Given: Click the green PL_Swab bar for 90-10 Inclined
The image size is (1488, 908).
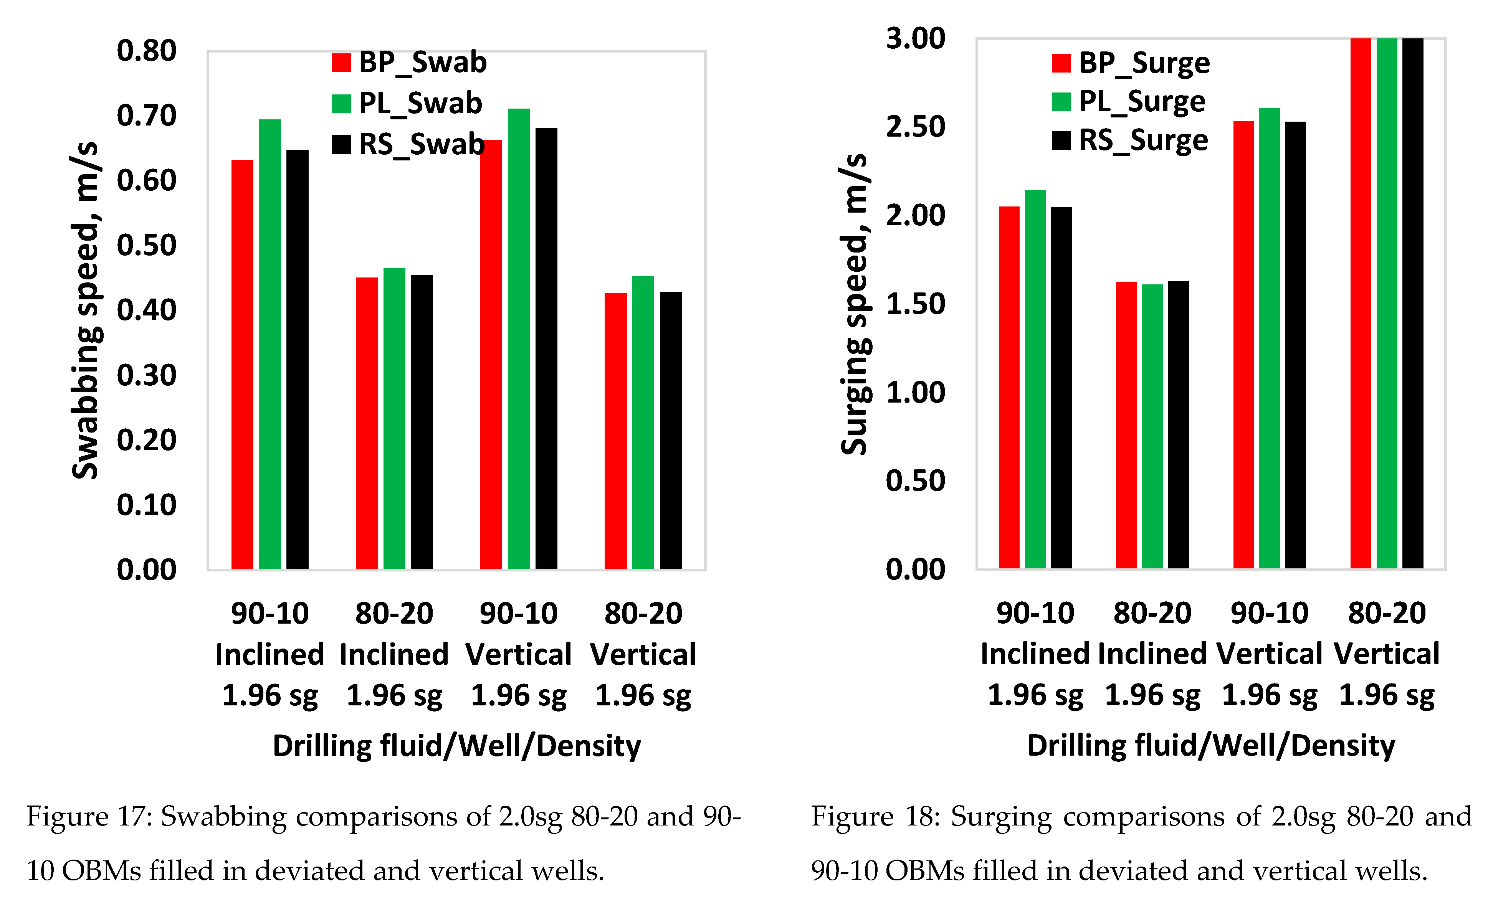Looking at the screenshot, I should [270, 344].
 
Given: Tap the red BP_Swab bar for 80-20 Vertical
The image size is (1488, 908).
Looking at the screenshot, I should [615, 431].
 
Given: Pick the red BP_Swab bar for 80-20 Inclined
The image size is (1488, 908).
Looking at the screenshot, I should [367, 423].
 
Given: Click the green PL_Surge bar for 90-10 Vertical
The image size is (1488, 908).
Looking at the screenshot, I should [1270, 338].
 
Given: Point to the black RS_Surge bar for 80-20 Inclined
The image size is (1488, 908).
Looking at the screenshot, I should [1178, 424].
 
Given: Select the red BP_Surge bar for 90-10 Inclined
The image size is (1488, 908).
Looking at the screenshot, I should [1009, 387].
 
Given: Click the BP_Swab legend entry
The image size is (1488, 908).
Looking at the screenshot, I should [410, 62].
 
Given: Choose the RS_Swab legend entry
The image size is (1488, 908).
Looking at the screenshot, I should [408, 144].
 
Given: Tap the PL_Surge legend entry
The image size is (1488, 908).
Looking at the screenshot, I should [1128, 101].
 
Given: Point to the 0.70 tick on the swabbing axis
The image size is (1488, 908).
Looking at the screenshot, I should [146, 115].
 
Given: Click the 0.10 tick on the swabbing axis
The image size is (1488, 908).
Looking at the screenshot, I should [146, 505].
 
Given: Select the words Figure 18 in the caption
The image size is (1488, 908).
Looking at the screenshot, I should [875, 817].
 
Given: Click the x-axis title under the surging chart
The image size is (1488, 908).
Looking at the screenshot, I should [1211, 746].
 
